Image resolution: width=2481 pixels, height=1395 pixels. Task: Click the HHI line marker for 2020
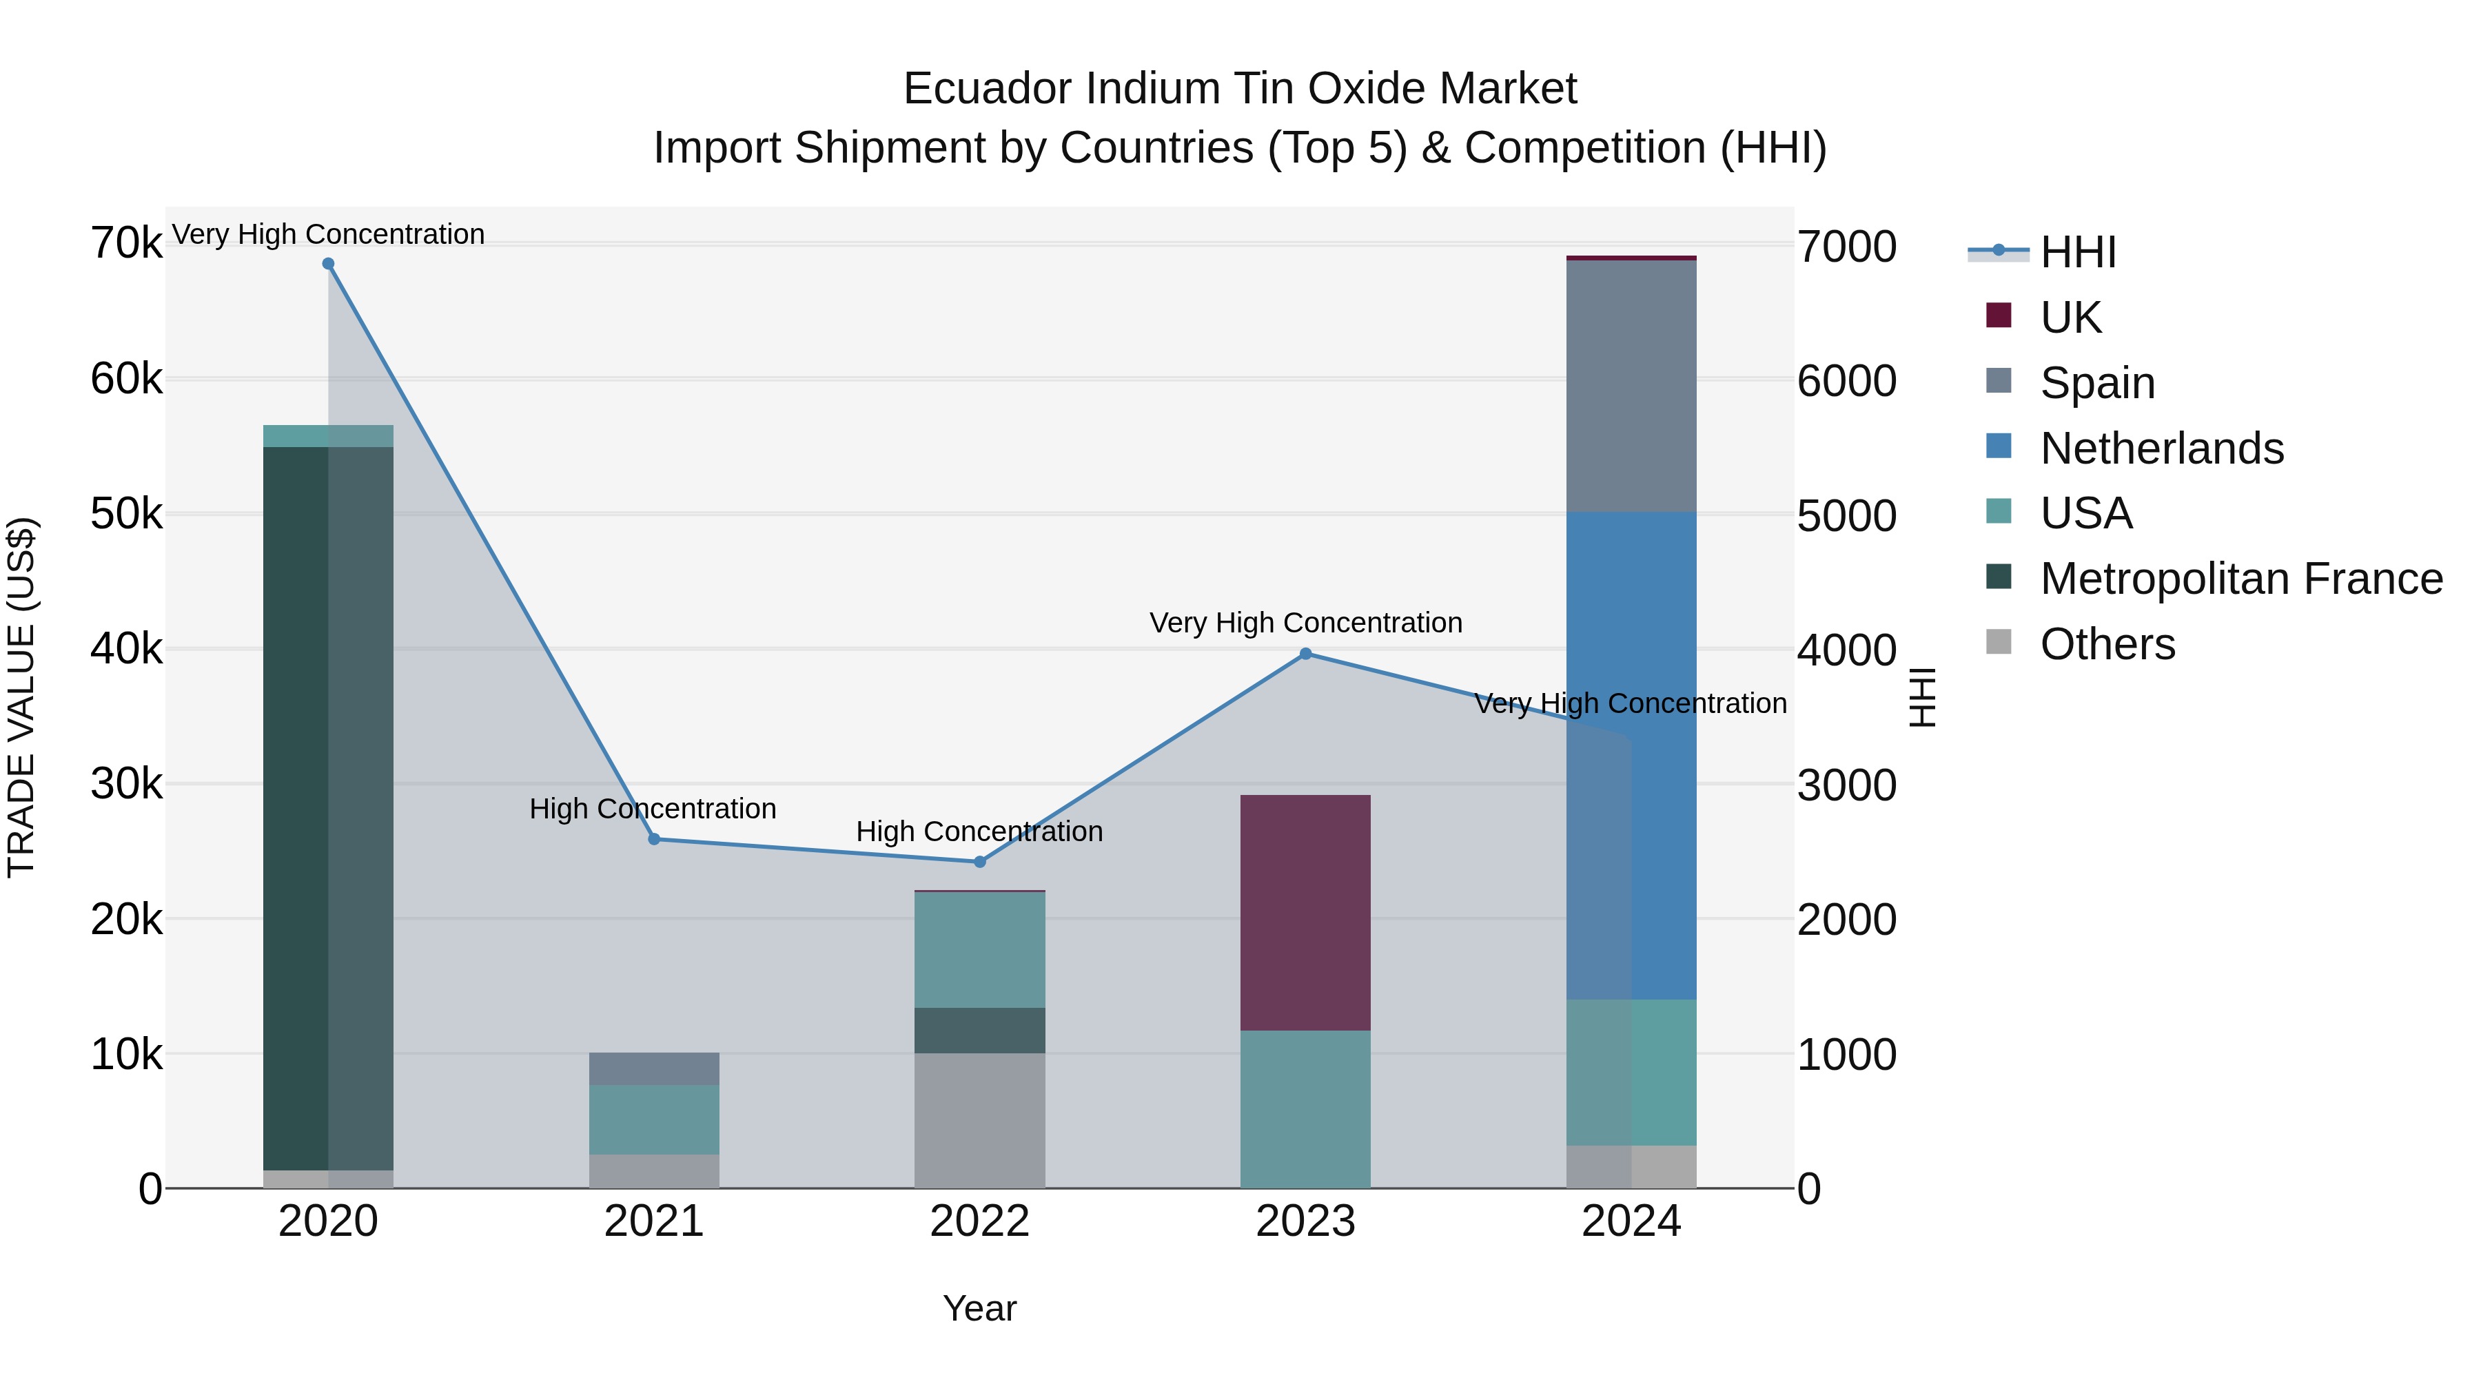point(329,264)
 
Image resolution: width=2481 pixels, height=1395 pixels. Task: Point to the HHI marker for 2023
point(1306,654)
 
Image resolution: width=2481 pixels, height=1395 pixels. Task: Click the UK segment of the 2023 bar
point(1305,913)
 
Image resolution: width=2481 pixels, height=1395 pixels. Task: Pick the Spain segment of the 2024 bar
point(1631,385)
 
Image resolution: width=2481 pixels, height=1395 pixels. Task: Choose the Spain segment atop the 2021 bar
point(654,1068)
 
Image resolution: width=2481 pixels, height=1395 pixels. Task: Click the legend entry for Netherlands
point(2161,448)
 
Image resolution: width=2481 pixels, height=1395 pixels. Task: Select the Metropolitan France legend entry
point(2240,579)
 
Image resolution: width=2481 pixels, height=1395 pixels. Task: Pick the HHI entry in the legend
point(2077,252)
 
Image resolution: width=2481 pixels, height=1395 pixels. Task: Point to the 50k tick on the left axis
point(126,515)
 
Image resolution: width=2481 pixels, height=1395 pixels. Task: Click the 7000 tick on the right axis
point(1846,247)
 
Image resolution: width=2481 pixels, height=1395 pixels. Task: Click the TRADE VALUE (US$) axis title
point(21,697)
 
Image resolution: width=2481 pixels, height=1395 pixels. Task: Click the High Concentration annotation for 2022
point(979,831)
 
